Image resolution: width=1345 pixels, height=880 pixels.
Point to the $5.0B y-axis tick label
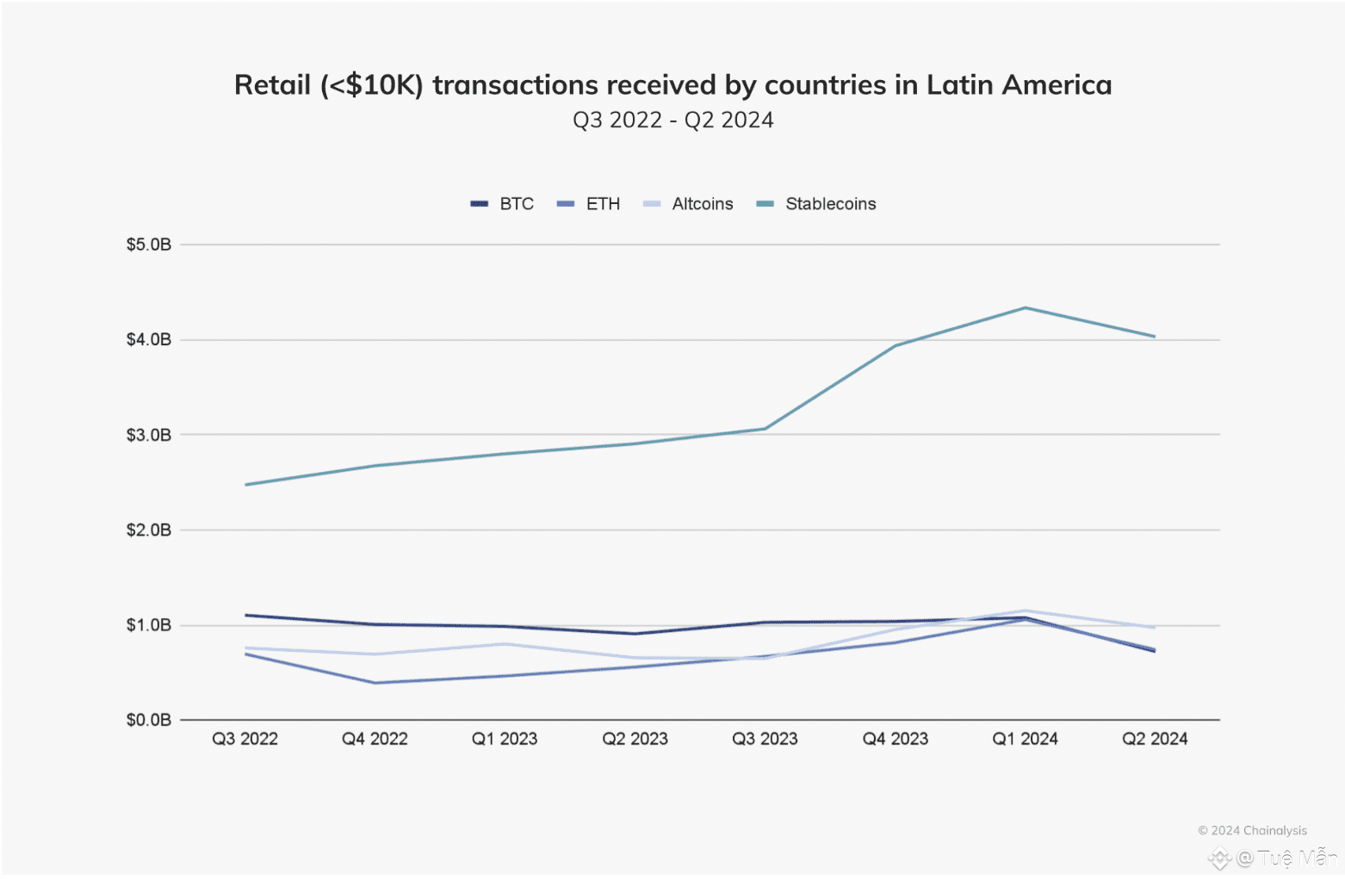click(149, 245)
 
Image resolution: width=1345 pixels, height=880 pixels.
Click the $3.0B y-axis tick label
click(149, 435)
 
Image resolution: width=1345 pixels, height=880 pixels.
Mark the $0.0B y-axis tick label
click(149, 720)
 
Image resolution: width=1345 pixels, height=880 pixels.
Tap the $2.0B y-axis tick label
click(149, 530)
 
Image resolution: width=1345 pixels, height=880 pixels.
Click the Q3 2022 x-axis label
click(245, 739)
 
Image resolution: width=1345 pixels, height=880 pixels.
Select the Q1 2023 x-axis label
click(505, 739)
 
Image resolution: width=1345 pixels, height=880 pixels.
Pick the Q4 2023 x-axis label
click(896, 739)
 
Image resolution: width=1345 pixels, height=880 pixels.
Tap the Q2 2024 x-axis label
click(1155, 739)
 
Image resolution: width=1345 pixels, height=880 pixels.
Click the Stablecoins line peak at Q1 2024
click(1025, 307)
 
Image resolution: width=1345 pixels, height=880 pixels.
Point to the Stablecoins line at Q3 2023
click(765, 429)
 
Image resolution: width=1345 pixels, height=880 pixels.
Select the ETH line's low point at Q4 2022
click(375, 683)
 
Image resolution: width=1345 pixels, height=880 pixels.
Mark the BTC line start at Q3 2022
click(246, 615)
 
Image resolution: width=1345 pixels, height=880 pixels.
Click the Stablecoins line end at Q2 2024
click(1155, 337)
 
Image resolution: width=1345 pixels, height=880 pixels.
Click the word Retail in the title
click(272, 85)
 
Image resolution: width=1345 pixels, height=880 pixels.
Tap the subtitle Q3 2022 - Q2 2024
click(673, 121)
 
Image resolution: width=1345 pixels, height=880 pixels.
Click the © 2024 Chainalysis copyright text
click(1252, 831)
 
